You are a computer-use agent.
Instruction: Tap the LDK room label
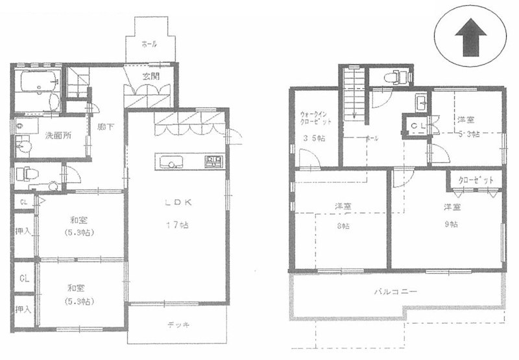[176, 202]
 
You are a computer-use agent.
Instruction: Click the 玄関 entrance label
[151, 76]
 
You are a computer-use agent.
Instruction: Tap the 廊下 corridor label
[106, 127]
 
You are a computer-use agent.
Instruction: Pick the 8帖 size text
[343, 226]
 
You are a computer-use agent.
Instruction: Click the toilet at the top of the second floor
[395, 77]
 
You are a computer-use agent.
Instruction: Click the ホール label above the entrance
[149, 44]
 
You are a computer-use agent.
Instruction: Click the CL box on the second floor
[415, 126]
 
